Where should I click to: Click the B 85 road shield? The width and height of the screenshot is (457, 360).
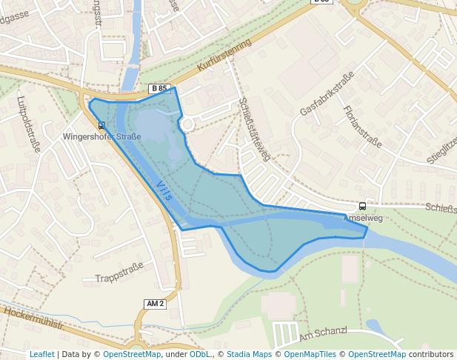[159, 89]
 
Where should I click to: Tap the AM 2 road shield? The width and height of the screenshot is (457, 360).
[155, 304]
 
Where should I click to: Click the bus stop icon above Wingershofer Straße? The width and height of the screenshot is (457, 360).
[101, 124]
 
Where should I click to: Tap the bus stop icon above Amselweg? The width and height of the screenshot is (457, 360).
[362, 207]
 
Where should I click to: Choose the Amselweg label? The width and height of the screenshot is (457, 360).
[362, 219]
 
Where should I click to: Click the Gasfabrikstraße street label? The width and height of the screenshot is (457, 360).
[322, 99]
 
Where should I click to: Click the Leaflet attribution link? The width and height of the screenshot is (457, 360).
[41, 355]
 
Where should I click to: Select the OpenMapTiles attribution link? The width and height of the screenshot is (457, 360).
[310, 355]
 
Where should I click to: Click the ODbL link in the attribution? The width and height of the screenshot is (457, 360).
[200, 355]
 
